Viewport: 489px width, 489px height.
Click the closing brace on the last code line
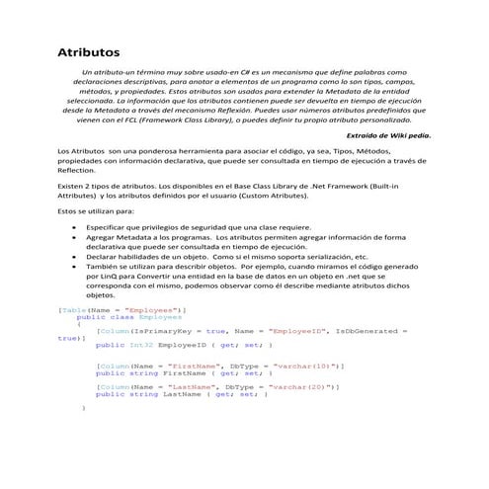pyautogui.click(x=84, y=406)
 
